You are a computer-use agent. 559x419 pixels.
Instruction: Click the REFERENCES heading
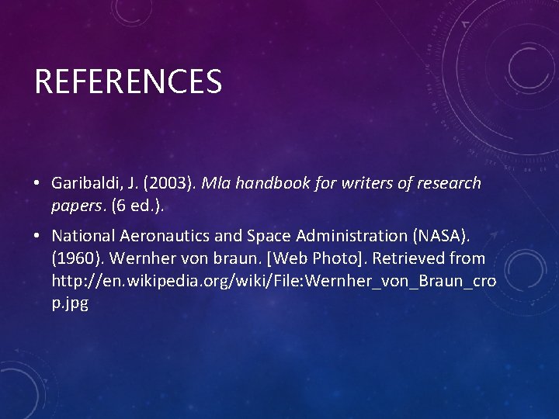[x=128, y=81]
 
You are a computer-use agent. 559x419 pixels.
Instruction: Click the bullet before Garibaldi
[x=36, y=184]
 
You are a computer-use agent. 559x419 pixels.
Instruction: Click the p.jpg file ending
[x=70, y=302]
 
